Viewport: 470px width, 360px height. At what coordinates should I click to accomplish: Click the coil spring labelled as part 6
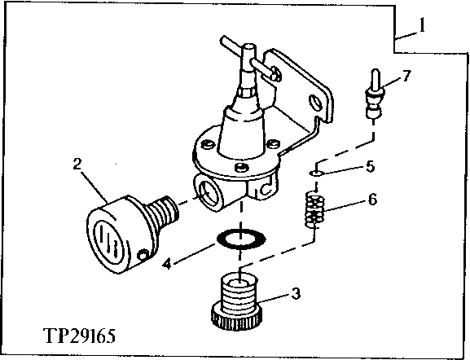tap(313, 211)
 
